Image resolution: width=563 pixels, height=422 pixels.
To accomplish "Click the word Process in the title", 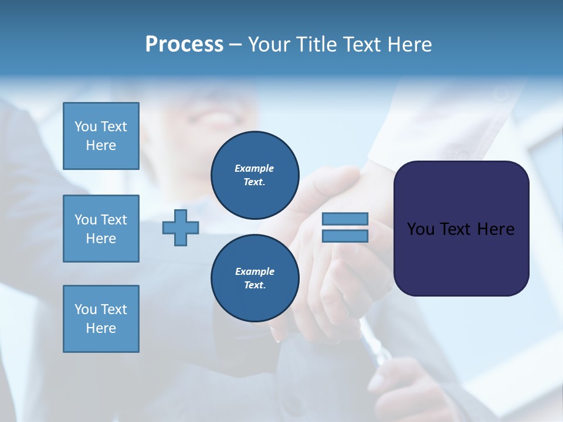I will [x=184, y=45].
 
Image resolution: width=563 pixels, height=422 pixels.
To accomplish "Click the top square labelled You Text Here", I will [x=101, y=136].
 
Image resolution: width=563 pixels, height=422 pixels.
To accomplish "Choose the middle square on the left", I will [x=101, y=229].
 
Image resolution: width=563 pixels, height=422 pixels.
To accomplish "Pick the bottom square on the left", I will [x=101, y=319].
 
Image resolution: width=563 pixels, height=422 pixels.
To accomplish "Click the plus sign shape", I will [x=181, y=227].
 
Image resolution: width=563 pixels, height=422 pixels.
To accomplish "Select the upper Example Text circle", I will [x=255, y=175].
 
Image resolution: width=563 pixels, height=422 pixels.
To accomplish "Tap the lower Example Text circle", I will [x=255, y=278].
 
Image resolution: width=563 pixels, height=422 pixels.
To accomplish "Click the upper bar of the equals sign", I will [x=345, y=219].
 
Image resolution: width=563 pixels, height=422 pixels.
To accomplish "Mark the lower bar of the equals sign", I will [x=345, y=236].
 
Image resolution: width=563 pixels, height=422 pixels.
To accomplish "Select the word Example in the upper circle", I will [x=255, y=168].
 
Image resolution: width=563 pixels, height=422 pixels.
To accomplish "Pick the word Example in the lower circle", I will [x=255, y=271].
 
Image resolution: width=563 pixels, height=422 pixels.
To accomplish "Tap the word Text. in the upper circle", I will [x=255, y=182].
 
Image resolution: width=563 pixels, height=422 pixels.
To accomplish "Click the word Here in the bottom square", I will [x=101, y=328].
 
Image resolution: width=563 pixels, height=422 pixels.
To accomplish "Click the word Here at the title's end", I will [x=410, y=45].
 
